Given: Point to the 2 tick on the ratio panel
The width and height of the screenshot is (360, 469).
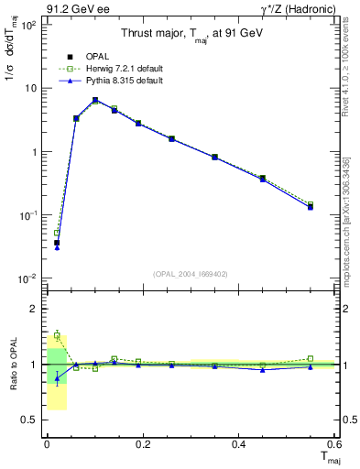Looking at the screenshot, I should coord(32,309).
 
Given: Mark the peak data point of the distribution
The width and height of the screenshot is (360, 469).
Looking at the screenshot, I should coord(95,100).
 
